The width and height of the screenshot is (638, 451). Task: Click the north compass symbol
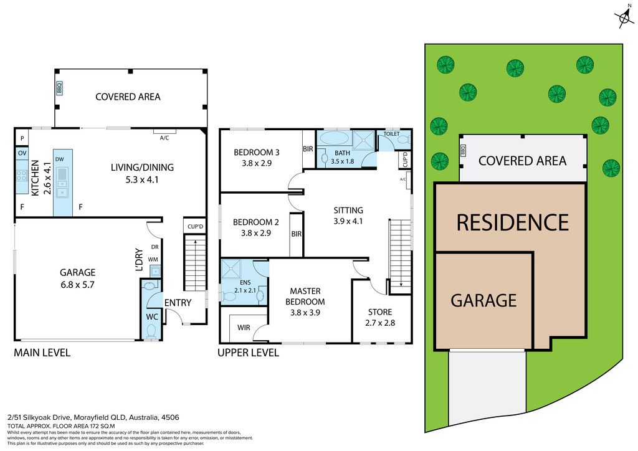624,17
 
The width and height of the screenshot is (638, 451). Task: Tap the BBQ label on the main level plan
59,88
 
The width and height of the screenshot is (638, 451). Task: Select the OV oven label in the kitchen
22,153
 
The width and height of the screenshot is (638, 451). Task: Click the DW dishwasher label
59,159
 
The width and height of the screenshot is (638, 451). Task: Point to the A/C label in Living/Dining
164,138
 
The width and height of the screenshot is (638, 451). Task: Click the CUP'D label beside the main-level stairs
195,227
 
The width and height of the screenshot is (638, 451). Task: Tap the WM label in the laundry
153,260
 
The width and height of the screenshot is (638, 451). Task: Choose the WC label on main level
152,316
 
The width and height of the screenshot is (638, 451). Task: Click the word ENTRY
178,303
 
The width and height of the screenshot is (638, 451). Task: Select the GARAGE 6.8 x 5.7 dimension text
77,285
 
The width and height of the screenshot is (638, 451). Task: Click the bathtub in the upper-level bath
334,138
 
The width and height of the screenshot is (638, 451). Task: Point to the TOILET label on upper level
391,134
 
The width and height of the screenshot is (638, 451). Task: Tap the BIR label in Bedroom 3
308,149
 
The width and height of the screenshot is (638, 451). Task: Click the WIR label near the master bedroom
244,328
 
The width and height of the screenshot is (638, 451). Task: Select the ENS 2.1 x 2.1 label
245,287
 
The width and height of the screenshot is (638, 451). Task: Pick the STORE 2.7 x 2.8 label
380,317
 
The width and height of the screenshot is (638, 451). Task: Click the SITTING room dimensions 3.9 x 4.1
348,221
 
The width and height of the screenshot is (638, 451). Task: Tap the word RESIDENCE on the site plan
513,222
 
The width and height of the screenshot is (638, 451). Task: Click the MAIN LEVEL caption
42,353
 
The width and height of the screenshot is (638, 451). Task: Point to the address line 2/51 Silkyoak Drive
93,417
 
